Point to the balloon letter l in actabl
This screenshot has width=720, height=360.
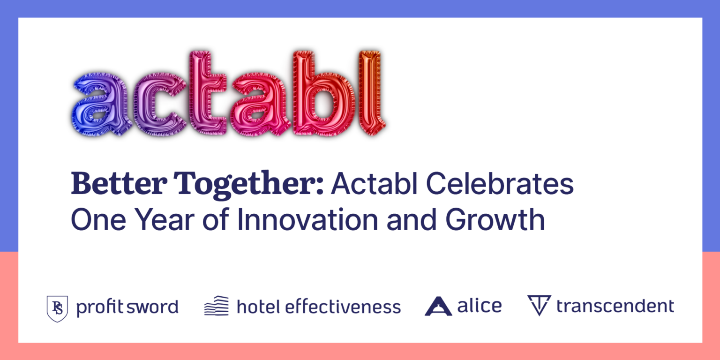click(x=370, y=91)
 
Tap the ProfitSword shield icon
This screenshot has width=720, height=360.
click(x=57, y=308)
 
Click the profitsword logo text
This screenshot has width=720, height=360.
click(x=127, y=307)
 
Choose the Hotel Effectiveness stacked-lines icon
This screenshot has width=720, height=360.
click(x=217, y=306)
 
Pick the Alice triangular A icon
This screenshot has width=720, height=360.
click(x=438, y=306)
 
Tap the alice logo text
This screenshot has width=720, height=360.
click(x=479, y=306)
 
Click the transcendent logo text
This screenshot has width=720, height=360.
click(x=615, y=306)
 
